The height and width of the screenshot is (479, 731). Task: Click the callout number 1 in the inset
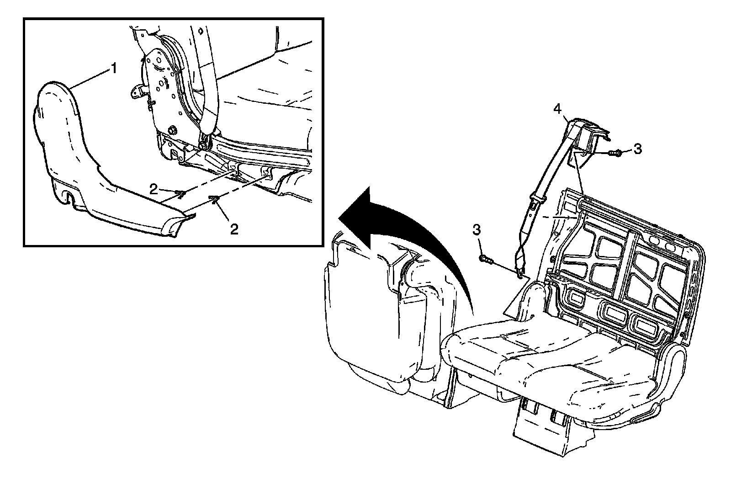pos(112,69)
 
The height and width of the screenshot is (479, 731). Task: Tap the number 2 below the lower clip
pos(234,229)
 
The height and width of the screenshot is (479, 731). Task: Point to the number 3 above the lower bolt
pos(477,230)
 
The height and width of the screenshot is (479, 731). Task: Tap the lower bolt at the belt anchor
pos(486,260)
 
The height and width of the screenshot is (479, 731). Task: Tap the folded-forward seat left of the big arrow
pos(365,320)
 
